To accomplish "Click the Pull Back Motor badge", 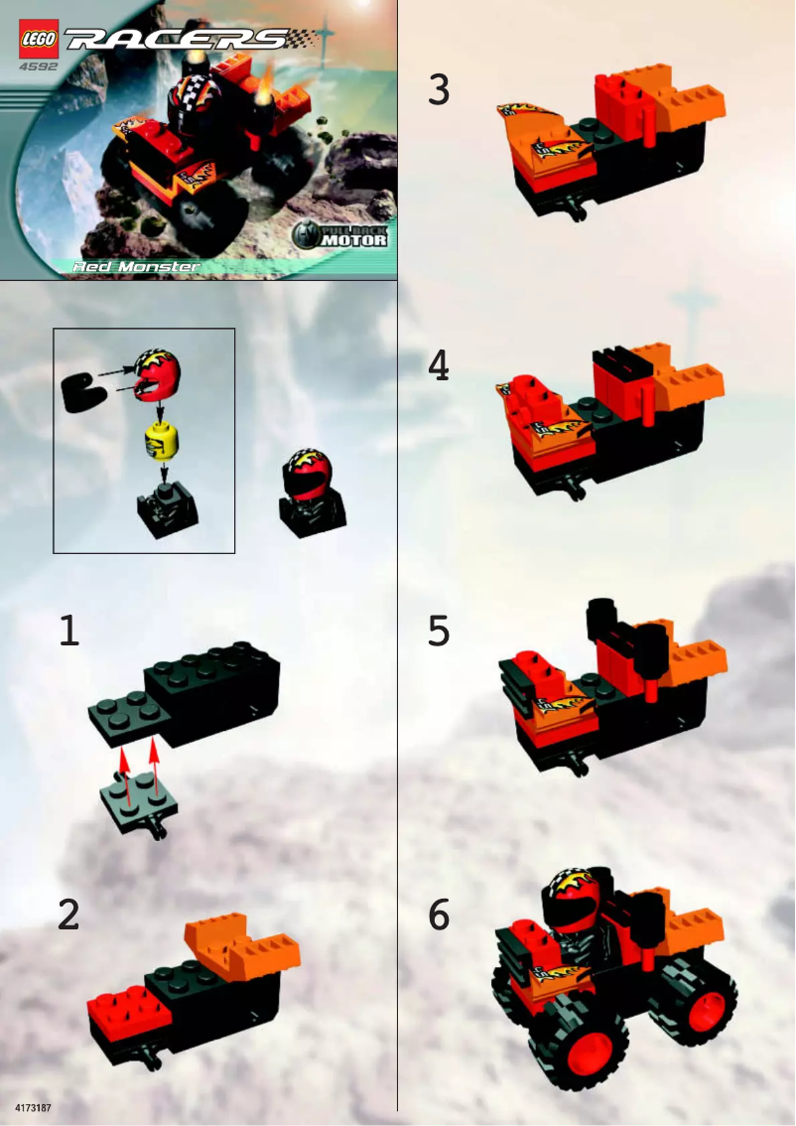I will click(x=341, y=236).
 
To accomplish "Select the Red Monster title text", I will click(x=137, y=266).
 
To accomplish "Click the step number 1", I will click(x=68, y=632).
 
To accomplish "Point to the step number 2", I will click(x=67, y=915).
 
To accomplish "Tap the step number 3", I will click(x=439, y=90).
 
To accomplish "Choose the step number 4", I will click(x=439, y=367).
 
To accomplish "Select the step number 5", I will click(x=439, y=632).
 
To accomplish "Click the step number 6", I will click(x=439, y=915).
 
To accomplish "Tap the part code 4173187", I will click(x=34, y=1105).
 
